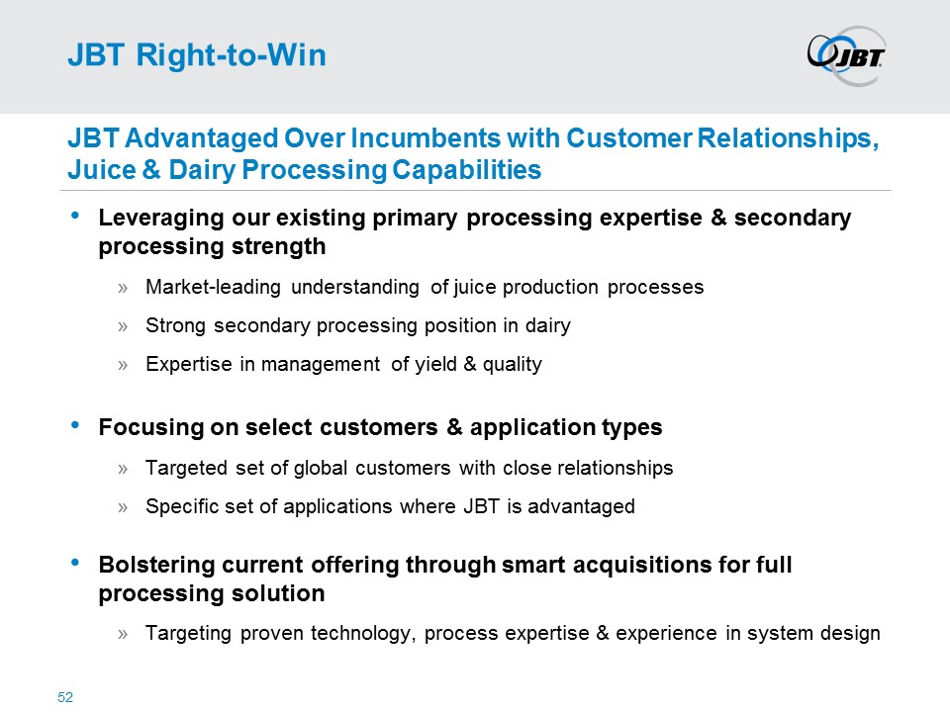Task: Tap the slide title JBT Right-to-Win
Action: [196, 56]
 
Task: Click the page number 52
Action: [66, 698]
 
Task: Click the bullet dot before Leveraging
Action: [78, 215]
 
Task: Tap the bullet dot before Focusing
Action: [78, 425]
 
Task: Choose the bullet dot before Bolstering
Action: [78, 562]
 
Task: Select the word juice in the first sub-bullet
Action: [475, 288]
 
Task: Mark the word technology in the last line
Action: [360, 633]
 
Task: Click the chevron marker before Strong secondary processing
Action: [124, 325]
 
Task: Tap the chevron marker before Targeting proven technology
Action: [124, 633]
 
